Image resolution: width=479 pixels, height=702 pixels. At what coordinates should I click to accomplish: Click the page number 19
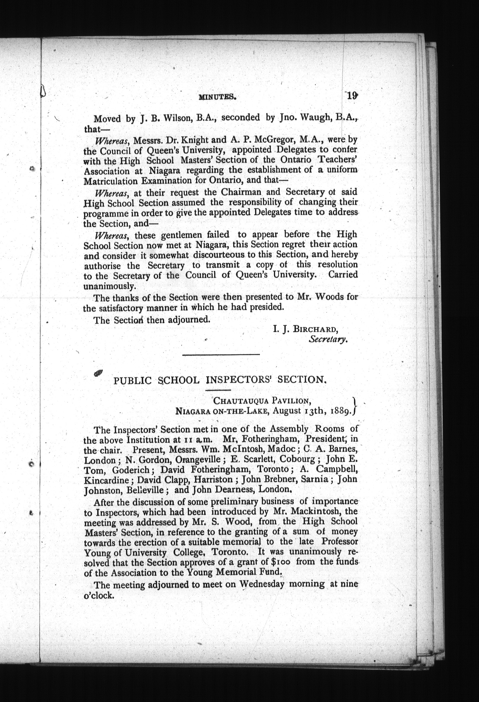click(352, 96)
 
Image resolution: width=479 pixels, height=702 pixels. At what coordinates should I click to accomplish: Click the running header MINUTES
click(217, 97)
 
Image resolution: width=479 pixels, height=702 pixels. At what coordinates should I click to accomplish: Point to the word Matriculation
click(110, 181)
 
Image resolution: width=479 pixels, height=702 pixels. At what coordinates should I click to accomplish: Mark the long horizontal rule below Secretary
click(221, 354)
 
